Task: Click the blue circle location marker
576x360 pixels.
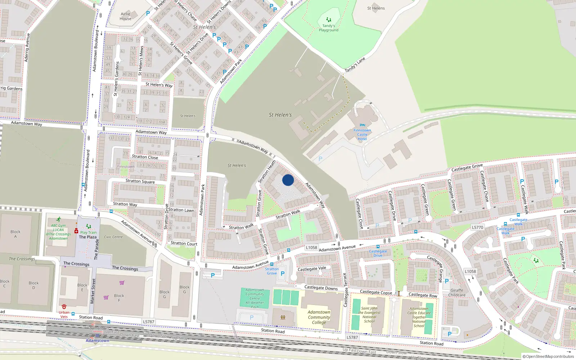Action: tap(288, 180)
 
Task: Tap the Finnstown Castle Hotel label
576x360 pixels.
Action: tap(362, 135)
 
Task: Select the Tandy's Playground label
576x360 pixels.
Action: tap(328, 28)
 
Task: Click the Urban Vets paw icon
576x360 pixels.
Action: tap(64, 306)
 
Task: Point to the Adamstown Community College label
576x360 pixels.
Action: tap(319, 317)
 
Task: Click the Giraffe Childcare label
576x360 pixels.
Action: tap(457, 293)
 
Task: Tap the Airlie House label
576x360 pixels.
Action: tap(126, 16)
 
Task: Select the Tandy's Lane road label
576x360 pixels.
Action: tap(355, 65)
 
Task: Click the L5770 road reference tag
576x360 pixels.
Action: tap(478, 228)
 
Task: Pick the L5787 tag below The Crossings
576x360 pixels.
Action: tap(148, 322)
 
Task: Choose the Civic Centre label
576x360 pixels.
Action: tap(113, 237)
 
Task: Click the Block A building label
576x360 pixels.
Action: tap(15, 234)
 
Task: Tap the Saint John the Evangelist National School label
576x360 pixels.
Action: tap(369, 315)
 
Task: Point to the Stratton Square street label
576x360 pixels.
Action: tap(140, 181)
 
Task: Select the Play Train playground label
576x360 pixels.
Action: tap(88, 232)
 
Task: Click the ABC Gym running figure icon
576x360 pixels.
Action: tap(58, 219)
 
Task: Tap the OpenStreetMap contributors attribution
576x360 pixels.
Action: tap(548, 356)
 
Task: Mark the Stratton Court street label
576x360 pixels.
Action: tap(184, 243)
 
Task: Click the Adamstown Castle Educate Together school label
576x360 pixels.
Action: tap(419, 317)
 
